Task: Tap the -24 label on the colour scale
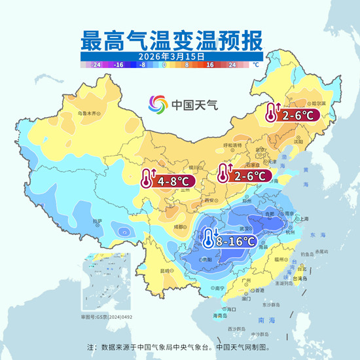click(96, 65)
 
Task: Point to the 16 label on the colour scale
click(210, 65)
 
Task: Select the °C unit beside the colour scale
click(256, 65)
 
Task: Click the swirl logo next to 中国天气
click(158, 104)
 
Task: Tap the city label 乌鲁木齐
click(88, 113)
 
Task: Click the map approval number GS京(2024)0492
click(107, 317)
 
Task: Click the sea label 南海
click(267, 321)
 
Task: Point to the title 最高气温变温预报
click(171, 39)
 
